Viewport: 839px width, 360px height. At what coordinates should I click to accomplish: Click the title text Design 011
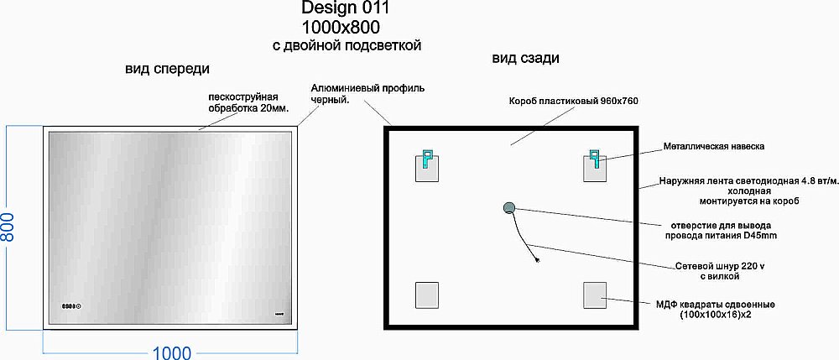(x=345, y=8)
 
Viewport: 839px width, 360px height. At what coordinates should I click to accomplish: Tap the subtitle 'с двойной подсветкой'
(x=347, y=45)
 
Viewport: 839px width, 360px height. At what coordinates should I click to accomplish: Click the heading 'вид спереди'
(x=167, y=68)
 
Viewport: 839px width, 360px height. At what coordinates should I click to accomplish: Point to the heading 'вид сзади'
(x=525, y=58)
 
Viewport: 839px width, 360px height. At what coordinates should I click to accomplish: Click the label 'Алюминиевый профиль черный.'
(x=367, y=93)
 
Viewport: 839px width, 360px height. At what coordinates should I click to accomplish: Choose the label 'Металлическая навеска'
(x=713, y=146)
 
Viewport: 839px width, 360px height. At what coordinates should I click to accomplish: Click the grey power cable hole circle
(x=508, y=209)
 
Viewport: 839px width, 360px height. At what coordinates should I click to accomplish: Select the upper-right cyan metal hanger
(x=595, y=158)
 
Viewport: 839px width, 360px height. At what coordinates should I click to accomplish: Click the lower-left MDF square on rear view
(x=427, y=295)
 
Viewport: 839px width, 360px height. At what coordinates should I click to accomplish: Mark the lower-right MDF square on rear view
(x=595, y=295)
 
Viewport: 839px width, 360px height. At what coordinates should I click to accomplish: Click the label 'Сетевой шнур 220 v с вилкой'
(x=718, y=269)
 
